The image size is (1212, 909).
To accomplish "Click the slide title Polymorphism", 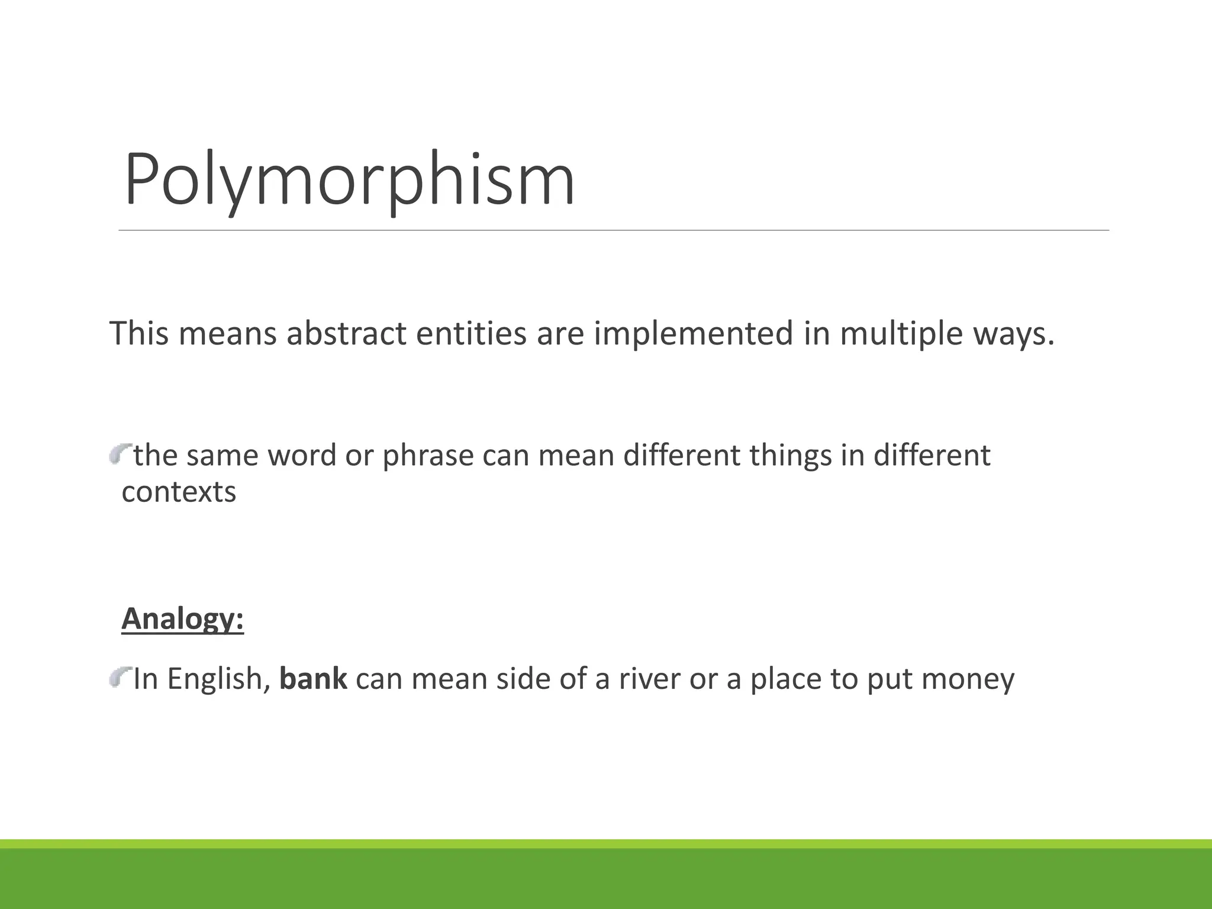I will (349, 180).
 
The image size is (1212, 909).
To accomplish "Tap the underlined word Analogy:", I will (182, 619).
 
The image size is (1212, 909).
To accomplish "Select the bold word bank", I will (313, 679).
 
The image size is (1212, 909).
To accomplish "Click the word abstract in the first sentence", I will (347, 333).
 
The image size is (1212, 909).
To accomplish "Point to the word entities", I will (471, 333).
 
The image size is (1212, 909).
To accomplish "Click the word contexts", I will (179, 492).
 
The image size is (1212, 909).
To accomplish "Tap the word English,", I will (219, 679).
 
